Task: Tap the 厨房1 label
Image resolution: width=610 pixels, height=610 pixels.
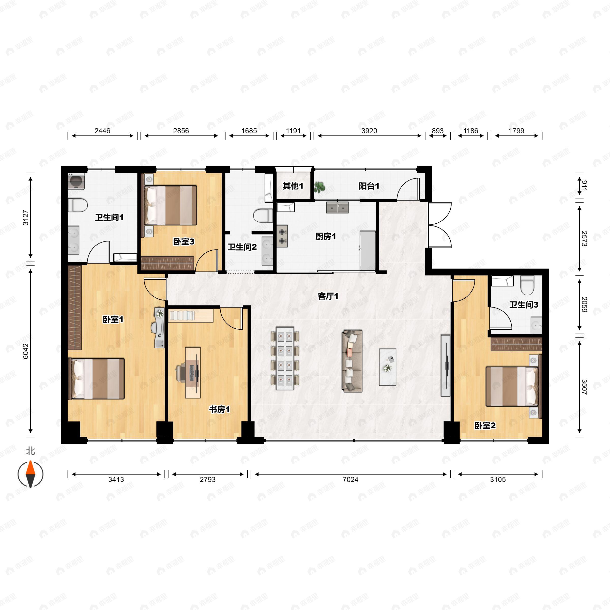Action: click(x=326, y=236)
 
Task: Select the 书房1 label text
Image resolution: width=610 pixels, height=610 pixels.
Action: click(x=219, y=409)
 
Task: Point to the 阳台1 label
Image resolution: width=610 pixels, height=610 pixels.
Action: click(x=369, y=186)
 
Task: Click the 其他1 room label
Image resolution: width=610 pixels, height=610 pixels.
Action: click(x=293, y=186)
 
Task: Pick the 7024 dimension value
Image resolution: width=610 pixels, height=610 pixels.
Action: click(x=350, y=480)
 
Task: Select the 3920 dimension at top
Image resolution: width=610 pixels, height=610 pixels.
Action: click(x=369, y=131)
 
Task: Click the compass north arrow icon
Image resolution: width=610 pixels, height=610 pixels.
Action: click(x=30, y=474)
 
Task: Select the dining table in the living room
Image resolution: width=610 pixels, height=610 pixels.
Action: click(x=285, y=358)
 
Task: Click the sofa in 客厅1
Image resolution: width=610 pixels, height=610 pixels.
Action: click(x=352, y=361)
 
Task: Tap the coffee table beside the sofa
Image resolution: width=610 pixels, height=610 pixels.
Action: click(x=387, y=367)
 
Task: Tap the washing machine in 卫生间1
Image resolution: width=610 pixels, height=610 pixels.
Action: click(x=76, y=181)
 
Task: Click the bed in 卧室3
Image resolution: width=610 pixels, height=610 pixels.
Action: click(x=171, y=205)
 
